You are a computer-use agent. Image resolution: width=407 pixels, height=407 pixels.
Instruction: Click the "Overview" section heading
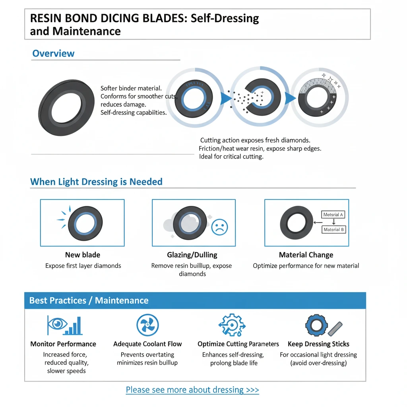53,54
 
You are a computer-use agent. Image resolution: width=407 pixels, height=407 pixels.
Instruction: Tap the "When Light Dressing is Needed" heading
96,182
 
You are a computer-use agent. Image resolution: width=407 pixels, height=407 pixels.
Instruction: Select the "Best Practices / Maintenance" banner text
89,300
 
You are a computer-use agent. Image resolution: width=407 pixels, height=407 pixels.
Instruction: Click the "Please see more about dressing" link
192,390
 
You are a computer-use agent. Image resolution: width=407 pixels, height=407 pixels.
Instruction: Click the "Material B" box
334,230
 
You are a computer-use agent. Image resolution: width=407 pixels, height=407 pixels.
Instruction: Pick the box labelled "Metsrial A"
334,215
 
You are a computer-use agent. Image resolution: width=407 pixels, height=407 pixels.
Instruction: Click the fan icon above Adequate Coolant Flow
147,325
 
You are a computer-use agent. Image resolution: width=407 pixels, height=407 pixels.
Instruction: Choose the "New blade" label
83,255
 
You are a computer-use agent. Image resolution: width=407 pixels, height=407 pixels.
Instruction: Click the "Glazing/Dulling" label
192,255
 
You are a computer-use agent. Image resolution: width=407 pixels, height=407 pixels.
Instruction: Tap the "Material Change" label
306,255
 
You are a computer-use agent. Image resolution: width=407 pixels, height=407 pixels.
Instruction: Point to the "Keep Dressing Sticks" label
318,344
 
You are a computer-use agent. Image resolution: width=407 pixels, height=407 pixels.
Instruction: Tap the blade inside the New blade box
85,222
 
